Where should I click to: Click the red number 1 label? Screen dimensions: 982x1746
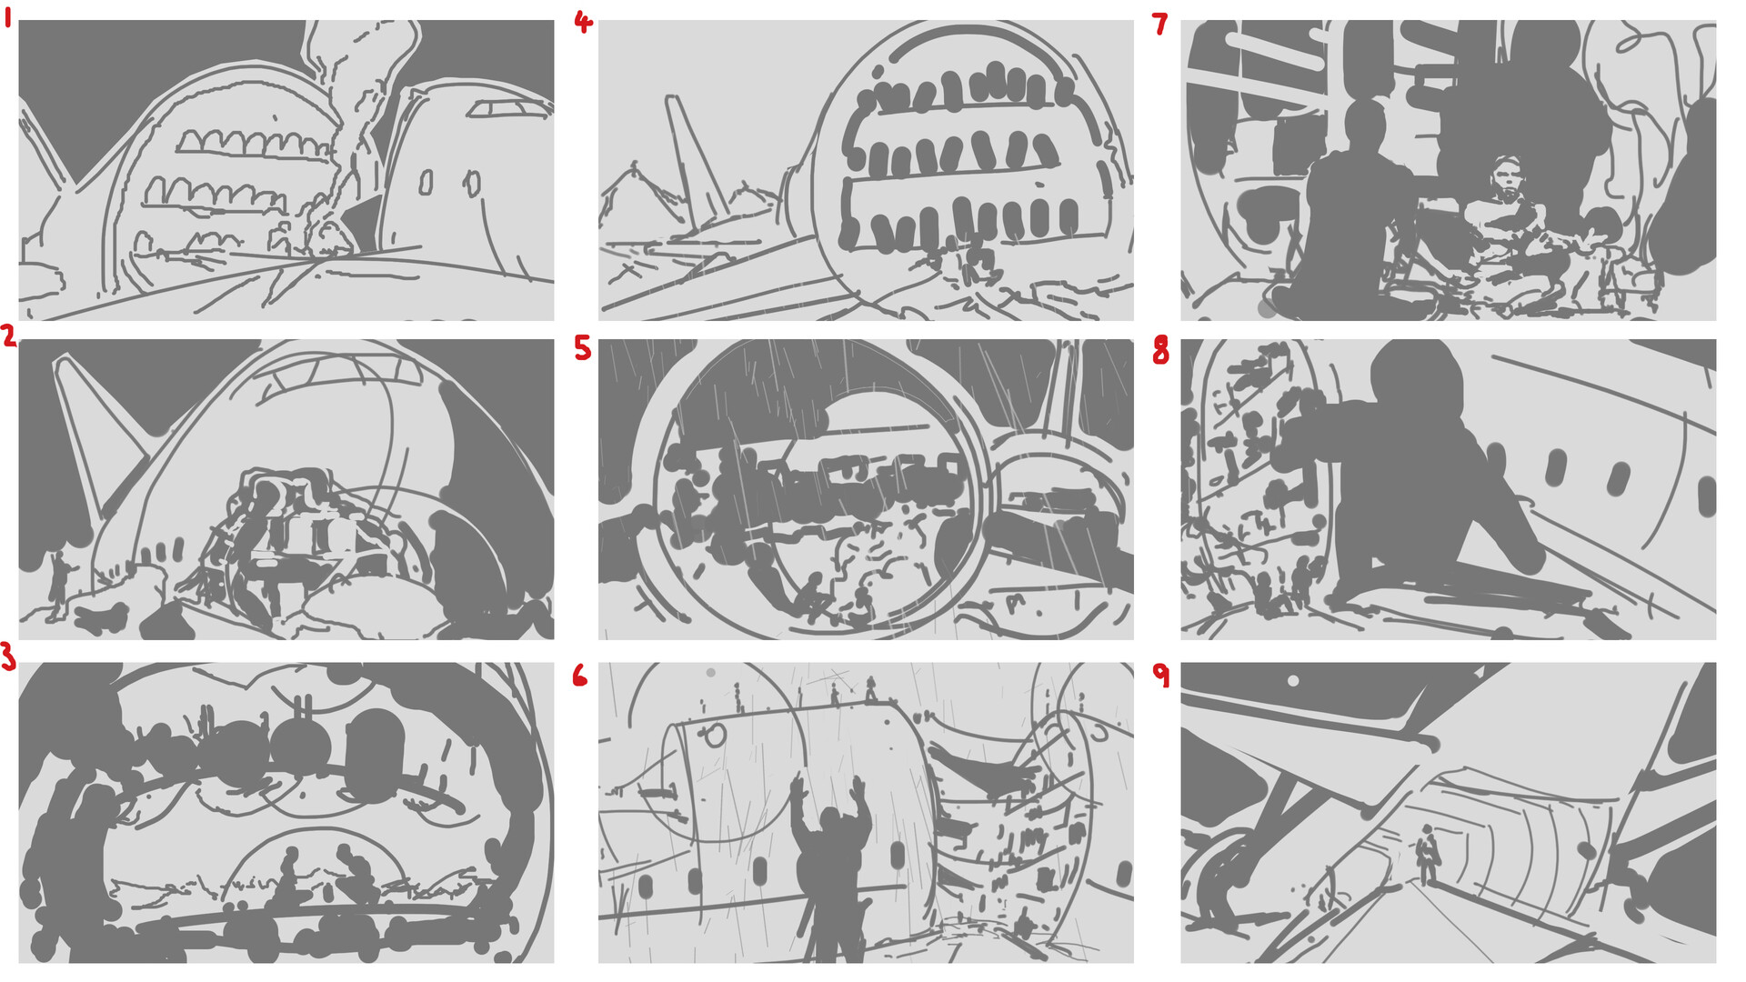[8, 17]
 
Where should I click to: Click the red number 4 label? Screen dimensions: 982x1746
[583, 22]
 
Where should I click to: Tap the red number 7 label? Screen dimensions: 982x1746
[1159, 24]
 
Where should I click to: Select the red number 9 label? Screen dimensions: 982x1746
[1161, 675]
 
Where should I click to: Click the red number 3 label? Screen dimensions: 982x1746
[8, 656]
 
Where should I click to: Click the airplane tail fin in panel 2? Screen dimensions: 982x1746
[95, 427]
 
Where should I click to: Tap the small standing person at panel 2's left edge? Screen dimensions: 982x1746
[60, 582]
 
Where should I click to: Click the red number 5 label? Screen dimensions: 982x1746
[583, 348]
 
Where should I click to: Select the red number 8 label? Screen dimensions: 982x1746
[1160, 351]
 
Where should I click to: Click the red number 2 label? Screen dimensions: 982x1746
[9, 337]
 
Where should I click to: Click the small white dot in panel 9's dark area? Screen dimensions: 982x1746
[1293, 680]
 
